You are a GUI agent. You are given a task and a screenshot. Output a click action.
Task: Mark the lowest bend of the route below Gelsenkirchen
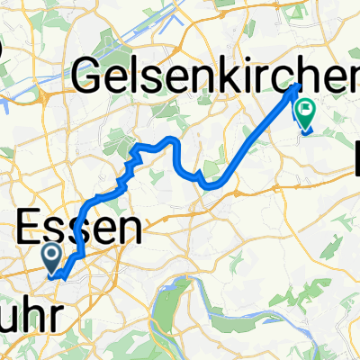pyautogui.click(x=213, y=186)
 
